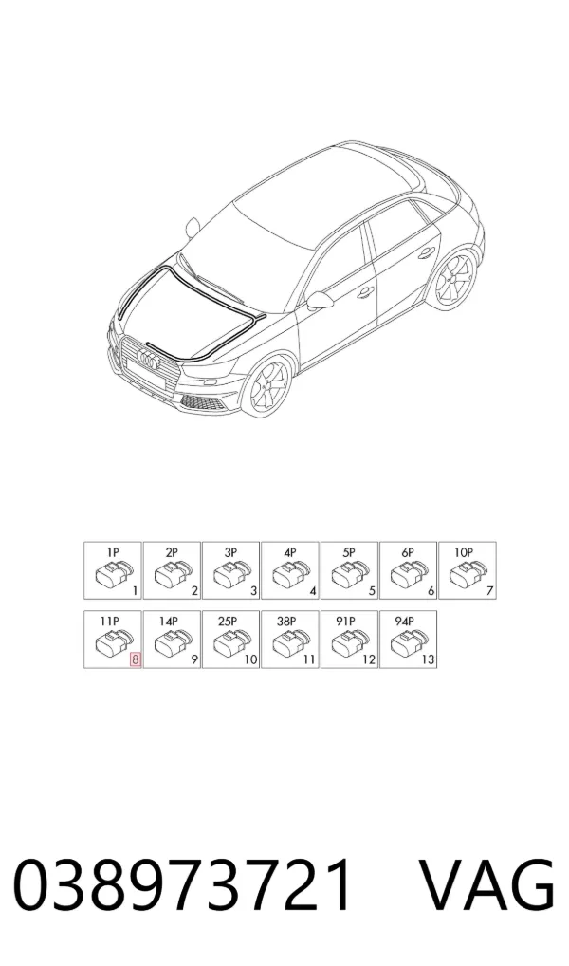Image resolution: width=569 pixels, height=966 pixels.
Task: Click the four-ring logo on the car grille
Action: point(149,357)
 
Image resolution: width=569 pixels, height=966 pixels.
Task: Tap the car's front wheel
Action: point(265,388)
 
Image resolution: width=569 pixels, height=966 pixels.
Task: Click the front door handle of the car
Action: point(366,290)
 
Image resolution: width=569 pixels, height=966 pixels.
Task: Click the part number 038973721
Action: point(183,886)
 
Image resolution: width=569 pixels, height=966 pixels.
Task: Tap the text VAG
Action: point(486,886)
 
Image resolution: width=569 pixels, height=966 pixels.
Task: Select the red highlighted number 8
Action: point(136,659)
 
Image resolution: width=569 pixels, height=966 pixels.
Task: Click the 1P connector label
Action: point(112,552)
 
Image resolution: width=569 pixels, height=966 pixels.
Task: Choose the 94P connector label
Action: point(405,622)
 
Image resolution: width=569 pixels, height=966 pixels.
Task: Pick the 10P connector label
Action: point(463,552)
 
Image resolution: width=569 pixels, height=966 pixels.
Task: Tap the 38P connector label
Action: point(286,622)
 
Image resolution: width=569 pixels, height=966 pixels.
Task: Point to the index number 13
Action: point(428,659)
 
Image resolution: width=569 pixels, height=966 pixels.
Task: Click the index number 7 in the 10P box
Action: point(489,591)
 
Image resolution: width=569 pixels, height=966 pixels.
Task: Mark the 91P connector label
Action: point(345,622)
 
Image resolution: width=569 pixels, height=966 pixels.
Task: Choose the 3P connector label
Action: point(230,552)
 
